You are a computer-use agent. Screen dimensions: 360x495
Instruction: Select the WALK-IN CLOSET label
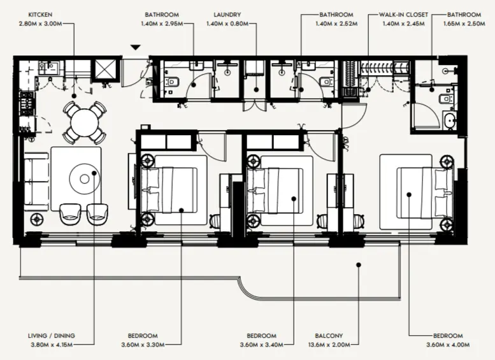(405, 13)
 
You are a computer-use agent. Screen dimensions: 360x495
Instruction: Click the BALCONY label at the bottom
(328, 336)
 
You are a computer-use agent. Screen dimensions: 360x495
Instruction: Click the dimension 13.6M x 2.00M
(328, 345)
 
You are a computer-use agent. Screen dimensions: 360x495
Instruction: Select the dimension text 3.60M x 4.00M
(448, 345)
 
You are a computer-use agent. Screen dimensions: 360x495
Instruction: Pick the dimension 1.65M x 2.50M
(463, 23)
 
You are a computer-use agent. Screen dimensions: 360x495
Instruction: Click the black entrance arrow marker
(134, 47)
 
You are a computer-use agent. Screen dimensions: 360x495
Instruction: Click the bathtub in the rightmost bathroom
(450, 120)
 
